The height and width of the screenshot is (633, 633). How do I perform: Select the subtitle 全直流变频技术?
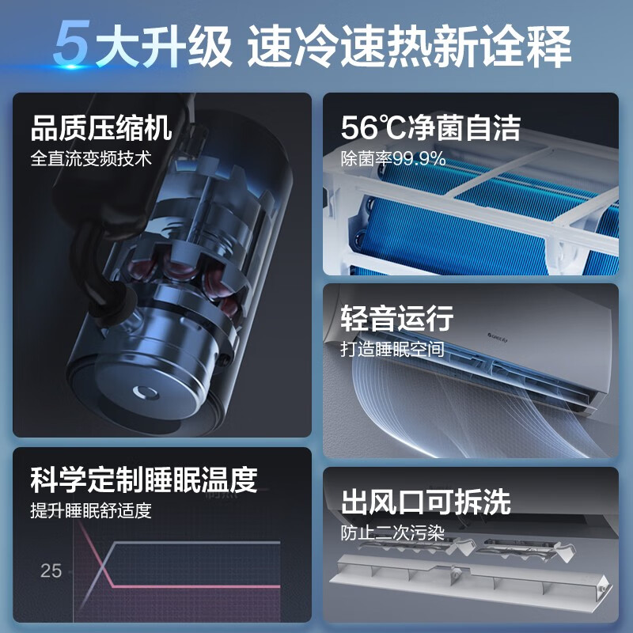[90, 158]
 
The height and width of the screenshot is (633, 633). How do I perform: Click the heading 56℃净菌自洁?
[430, 127]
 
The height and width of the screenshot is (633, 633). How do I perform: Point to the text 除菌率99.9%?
[393, 159]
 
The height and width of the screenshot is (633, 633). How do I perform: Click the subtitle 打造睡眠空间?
[392, 349]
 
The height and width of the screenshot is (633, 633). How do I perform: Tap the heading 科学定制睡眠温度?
[144, 479]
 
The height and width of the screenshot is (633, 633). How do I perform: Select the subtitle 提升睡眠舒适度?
[90, 510]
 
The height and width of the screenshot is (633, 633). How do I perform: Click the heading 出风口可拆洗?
[426, 502]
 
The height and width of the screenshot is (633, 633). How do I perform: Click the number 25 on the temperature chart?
[51, 570]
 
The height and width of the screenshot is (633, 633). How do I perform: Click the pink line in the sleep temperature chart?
[198, 586]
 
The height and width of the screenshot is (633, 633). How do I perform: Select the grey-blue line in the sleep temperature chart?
[198, 543]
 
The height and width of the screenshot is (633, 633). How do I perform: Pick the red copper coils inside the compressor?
[190, 269]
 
